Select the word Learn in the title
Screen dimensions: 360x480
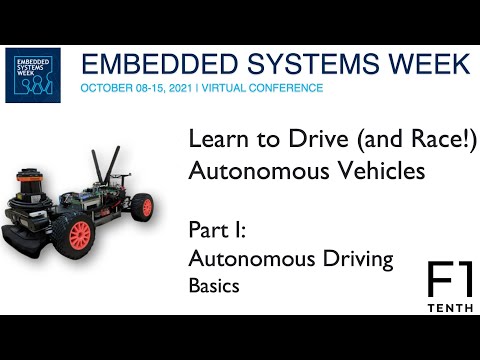[215, 142]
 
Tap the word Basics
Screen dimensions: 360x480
[215, 285]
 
